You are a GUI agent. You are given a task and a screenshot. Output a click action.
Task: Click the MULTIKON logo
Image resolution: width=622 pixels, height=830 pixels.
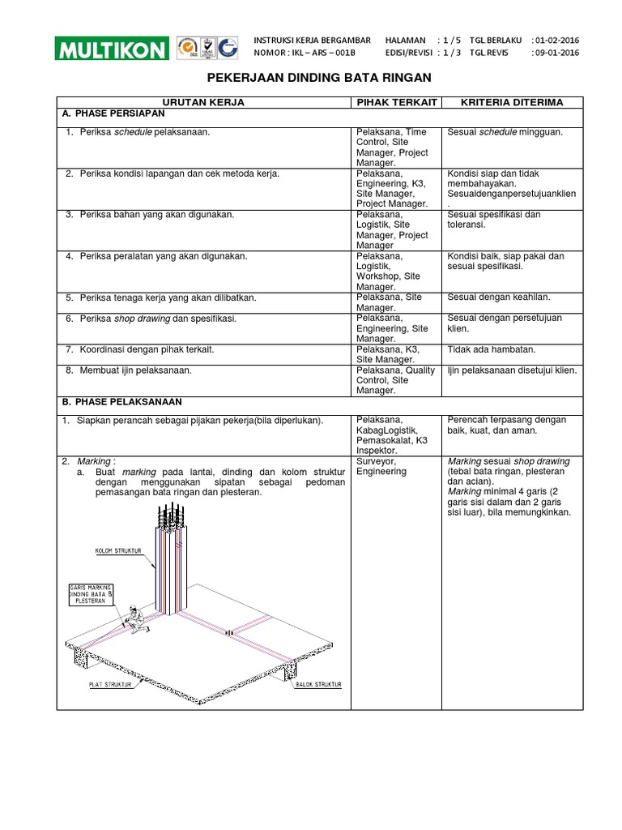[x=113, y=48]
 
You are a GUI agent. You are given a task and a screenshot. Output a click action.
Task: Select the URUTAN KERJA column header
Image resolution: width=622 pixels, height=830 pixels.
[x=203, y=102]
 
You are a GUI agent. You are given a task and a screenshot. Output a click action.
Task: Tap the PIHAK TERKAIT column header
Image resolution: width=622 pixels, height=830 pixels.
[x=395, y=102]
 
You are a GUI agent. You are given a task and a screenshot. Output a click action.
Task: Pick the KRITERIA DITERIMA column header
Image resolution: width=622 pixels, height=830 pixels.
[x=511, y=102]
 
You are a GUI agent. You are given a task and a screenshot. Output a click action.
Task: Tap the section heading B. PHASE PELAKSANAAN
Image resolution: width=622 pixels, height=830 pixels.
[x=122, y=401]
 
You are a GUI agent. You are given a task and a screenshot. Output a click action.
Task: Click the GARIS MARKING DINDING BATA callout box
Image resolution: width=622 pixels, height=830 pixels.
[x=90, y=594]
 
